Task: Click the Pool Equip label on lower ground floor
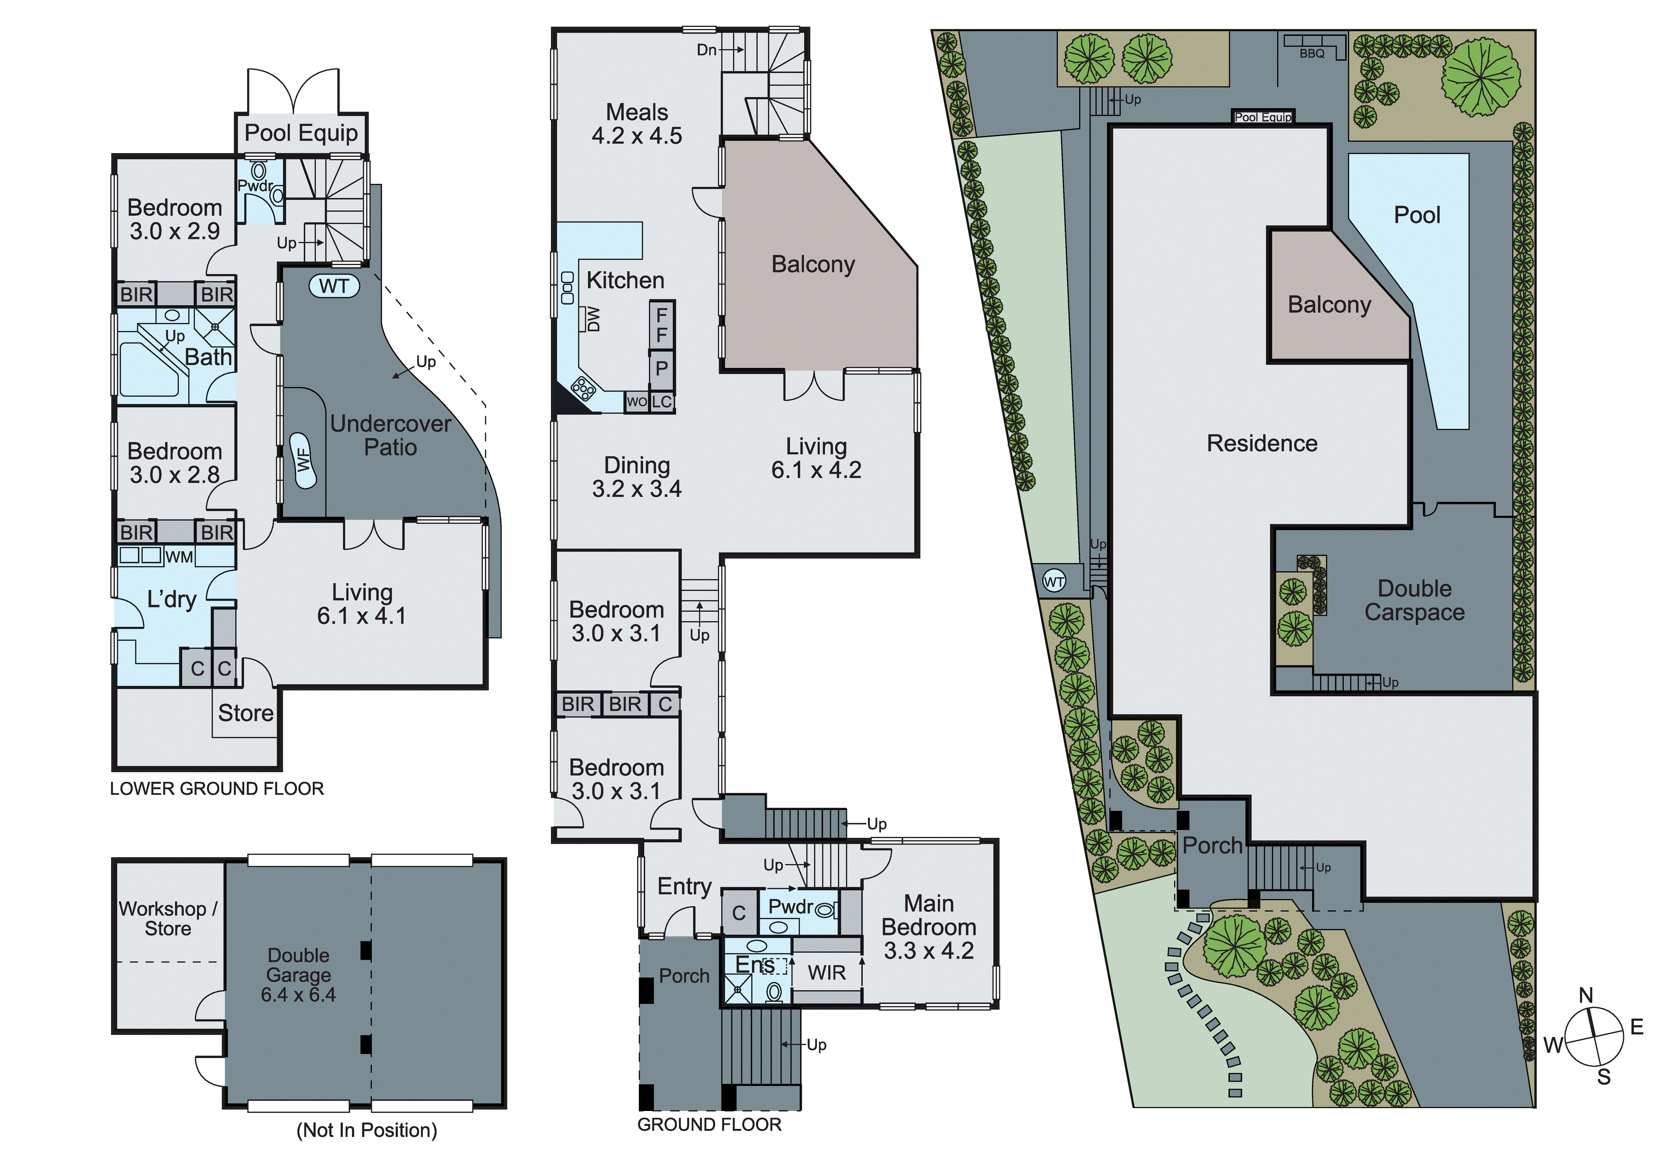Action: click(x=301, y=133)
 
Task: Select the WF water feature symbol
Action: click(x=304, y=461)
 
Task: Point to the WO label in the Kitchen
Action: click(x=636, y=402)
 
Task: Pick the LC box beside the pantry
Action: click(x=662, y=402)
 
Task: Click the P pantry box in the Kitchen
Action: click(x=661, y=368)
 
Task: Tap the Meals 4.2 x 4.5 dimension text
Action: click(x=636, y=136)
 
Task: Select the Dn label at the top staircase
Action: click(x=706, y=50)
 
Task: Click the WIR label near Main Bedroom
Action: click(x=826, y=973)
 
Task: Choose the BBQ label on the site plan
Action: click(x=1312, y=53)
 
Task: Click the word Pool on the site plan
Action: click(x=1417, y=215)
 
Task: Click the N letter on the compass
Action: click(x=1586, y=996)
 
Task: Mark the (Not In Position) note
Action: click(x=367, y=1130)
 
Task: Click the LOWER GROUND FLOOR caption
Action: click(x=216, y=788)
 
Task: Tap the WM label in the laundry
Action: click(x=179, y=557)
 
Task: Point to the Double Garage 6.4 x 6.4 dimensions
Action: click(x=298, y=995)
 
